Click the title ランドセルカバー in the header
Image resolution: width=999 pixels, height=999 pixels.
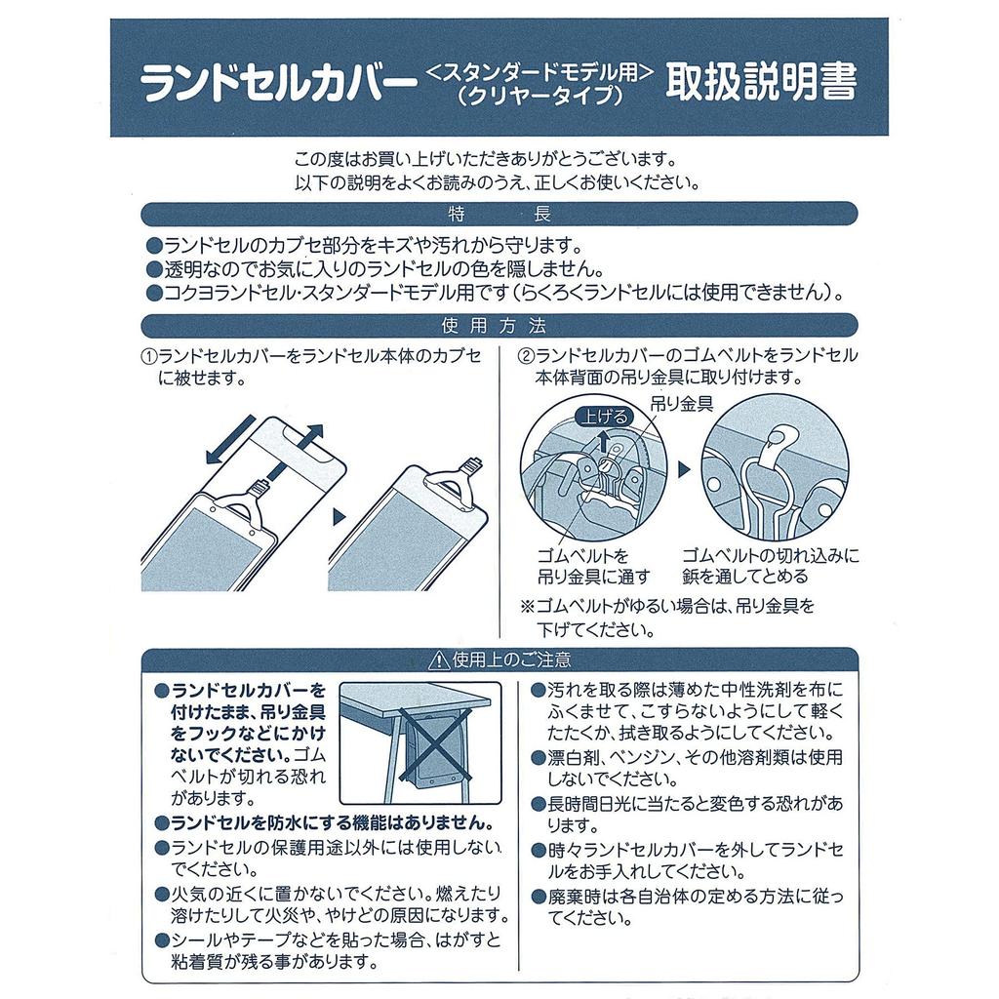[273, 86]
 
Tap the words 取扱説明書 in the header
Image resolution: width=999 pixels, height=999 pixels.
[761, 84]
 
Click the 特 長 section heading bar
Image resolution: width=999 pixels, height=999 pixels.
[499, 215]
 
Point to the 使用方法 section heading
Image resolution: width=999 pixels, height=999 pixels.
[499, 326]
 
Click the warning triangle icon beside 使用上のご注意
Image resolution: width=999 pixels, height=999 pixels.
[436, 660]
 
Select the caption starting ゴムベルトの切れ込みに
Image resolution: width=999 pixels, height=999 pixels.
[771, 566]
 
